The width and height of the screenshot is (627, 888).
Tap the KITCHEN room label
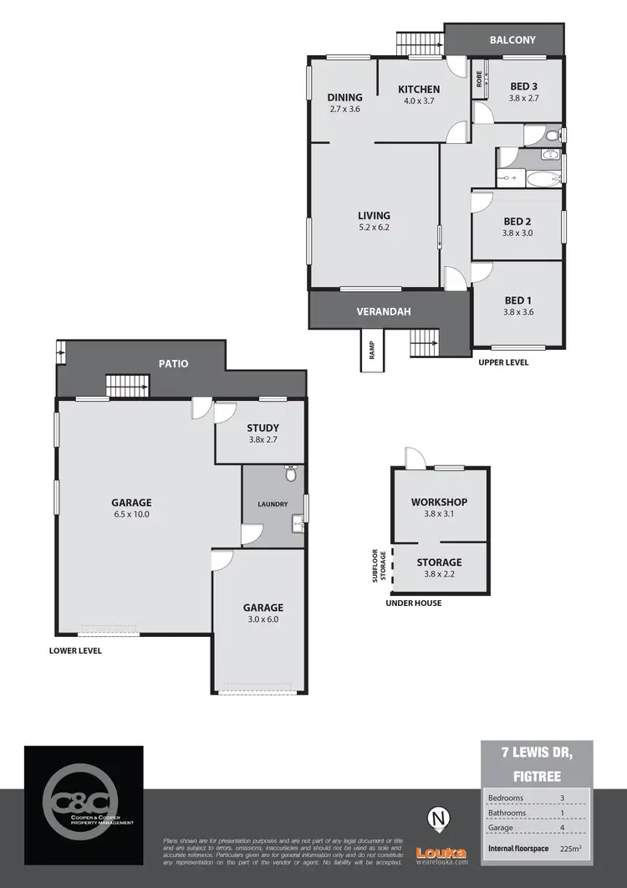pos(418,90)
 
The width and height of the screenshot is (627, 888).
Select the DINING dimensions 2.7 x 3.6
pos(344,110)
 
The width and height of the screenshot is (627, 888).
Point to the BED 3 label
pos(524,85)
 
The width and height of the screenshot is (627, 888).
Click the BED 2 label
pos(517,221)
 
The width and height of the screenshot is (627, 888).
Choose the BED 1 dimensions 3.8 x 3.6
pos(517,312)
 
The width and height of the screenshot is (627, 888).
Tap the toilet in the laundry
pos(291,475)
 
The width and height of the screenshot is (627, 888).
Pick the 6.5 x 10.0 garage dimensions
pos(131,515)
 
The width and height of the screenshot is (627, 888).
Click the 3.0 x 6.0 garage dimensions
pos(263,620)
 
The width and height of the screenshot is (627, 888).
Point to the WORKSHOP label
pos(439,502)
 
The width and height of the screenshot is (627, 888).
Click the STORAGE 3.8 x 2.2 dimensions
pos(439,574)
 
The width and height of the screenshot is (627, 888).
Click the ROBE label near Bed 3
pos(479,80)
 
